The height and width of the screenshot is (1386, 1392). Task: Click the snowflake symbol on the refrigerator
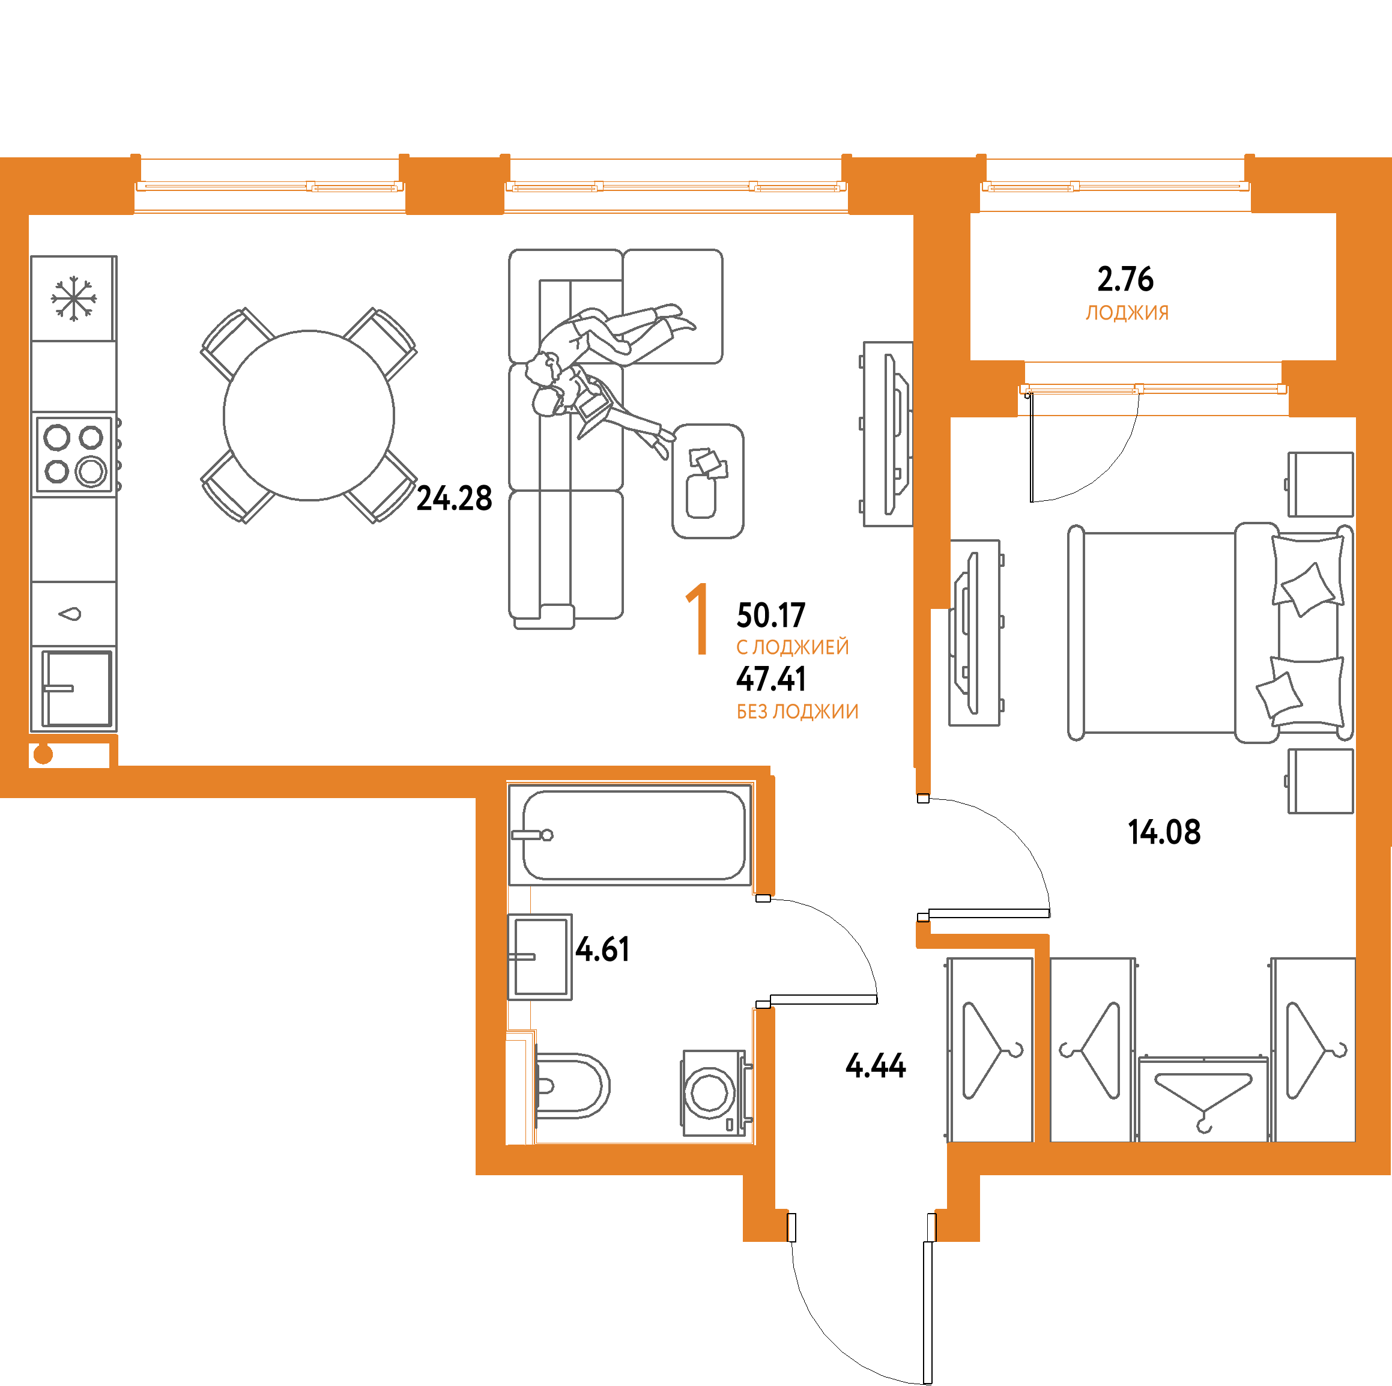73,299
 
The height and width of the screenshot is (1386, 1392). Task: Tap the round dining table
309,415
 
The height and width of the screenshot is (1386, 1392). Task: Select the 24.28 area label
454,498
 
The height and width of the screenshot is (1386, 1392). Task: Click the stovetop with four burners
74,455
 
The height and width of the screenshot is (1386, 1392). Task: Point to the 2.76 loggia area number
1125,279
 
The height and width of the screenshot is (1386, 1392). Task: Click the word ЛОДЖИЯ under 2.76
1127,313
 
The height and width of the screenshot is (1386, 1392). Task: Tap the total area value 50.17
770,615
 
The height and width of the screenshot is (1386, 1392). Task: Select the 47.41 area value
771,679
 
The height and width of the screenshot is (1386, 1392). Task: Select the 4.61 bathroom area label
602,949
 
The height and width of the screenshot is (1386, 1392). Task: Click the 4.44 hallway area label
876,1065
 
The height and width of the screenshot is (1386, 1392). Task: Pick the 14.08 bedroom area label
1164,832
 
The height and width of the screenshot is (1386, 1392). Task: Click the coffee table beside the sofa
707,480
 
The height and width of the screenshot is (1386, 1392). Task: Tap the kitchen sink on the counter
76,688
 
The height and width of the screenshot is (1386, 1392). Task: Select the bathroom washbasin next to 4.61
540,957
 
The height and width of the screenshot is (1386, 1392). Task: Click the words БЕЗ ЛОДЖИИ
797,712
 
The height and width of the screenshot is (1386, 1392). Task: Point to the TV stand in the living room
888,434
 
